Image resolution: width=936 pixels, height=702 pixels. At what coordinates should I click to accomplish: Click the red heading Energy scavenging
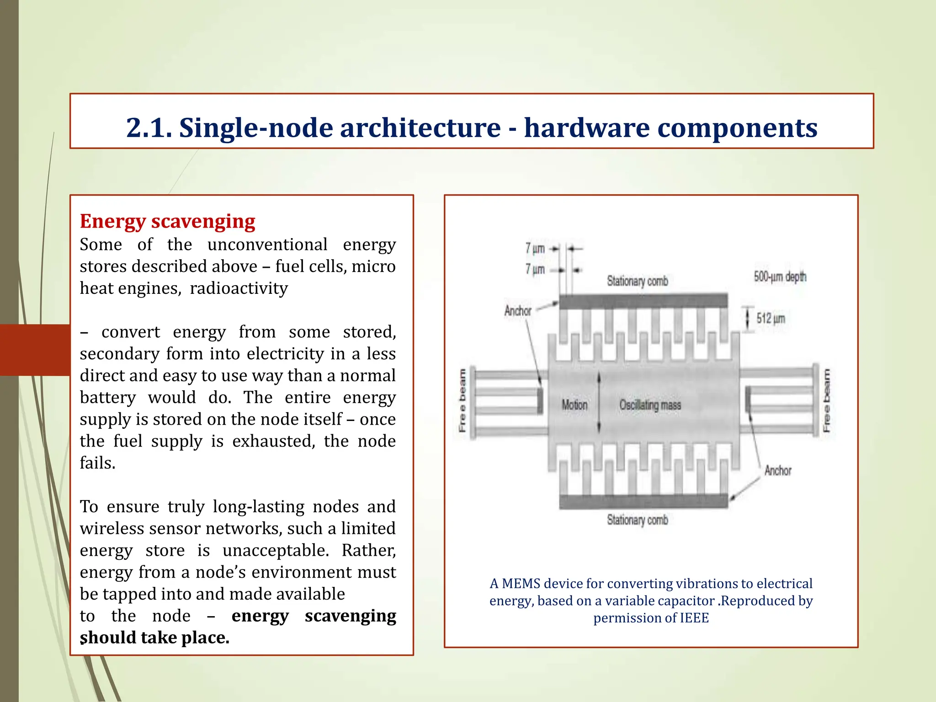(167, 221)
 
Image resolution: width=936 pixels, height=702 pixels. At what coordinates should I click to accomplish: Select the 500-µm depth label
(780, 277)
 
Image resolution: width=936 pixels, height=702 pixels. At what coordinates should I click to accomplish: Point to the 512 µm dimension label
(771, 318)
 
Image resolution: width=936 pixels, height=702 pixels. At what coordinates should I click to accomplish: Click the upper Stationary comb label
(637, 281)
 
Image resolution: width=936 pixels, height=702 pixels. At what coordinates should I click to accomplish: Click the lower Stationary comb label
(637, 520)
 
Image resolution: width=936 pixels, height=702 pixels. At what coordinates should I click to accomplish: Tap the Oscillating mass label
(650, 405)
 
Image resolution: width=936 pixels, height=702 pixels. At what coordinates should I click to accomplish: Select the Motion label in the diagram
(574, 405)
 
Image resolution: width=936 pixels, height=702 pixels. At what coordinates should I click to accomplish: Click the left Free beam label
(463, 400)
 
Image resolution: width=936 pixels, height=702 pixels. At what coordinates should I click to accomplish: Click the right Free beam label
(826, 400)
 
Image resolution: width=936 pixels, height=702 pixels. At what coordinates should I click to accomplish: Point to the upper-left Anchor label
(517, 311)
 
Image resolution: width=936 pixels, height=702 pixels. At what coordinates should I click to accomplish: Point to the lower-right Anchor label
(777, 470)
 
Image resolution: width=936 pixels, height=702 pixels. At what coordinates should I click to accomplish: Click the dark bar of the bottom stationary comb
(643, 501)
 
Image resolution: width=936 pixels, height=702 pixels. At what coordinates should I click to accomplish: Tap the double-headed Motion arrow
(599, 402)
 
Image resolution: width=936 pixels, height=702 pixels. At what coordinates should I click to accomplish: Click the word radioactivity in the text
(239, 288)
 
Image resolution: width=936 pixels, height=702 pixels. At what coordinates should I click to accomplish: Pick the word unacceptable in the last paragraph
(275, 550)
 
